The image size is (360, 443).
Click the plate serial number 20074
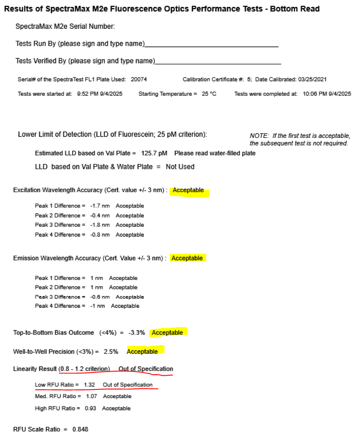[x=139, y=79]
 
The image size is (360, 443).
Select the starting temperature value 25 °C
[x=209, y=94]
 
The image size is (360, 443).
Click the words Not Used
[x=180, y=167]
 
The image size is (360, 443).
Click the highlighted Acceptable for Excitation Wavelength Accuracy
[x=188, y=190]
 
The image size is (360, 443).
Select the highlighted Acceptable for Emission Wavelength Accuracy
[x=187, y=258]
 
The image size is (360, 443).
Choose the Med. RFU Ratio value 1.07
[x=92, y=396]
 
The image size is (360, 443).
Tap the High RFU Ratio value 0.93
[x=91, y=408]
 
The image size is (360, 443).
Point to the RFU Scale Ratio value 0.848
[x=80, y=429]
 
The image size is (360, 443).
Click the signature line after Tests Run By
[x=211, y=46]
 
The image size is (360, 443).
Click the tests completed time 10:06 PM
[x=313, y=94]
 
